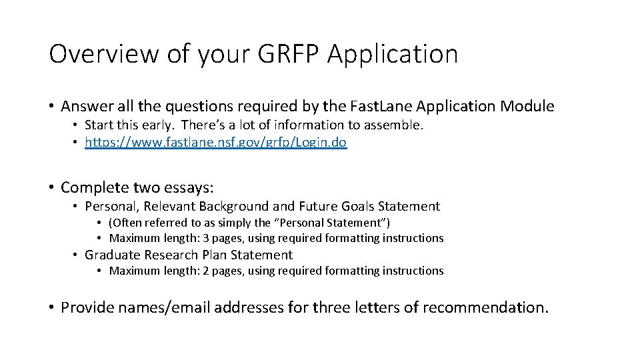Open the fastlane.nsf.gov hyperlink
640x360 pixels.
216,143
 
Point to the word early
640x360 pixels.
159,125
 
